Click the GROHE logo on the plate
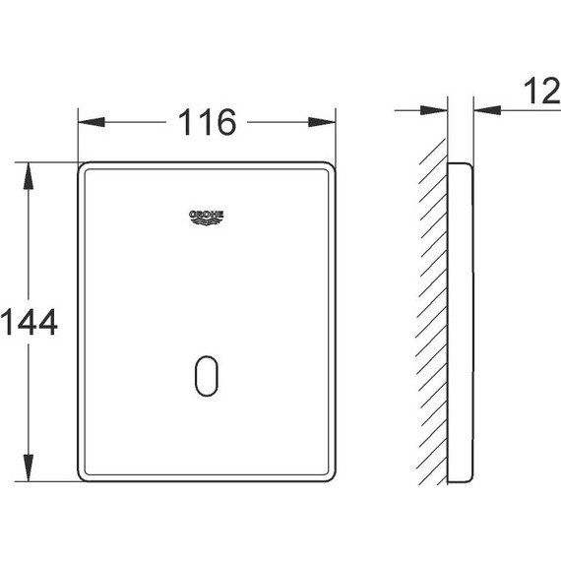tap(207, 218)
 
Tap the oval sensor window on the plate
tap(207, 376)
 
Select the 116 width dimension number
tap(207, 122)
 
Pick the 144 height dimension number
tap(29, 322)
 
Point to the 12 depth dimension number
tap(542, 92)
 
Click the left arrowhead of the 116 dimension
tap(92, 122)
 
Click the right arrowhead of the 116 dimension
tap(322, 122)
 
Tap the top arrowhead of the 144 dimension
tap(29, 175)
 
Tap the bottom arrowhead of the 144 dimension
tap(29, 467)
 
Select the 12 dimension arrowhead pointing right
tap(434, 110)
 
